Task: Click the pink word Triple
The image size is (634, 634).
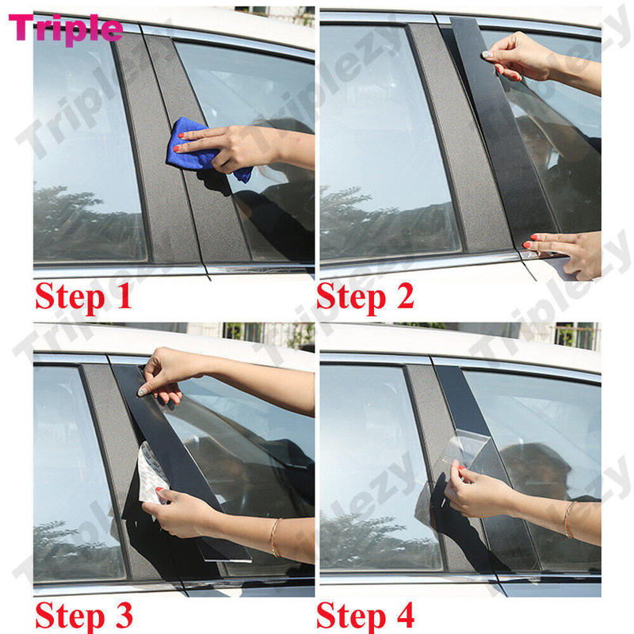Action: click(x=67, y=29)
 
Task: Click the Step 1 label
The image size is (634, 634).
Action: click(x=82, y=298)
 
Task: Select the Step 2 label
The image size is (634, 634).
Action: click(x=365, y=296)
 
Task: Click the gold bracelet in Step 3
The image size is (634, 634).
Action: click(x=275, y=537)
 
